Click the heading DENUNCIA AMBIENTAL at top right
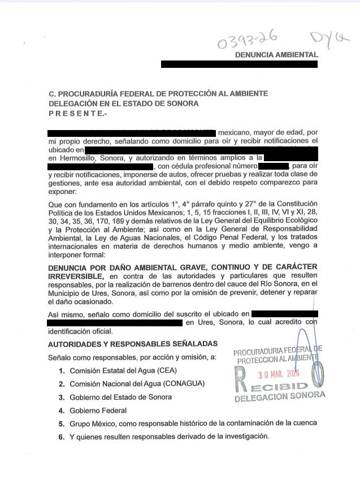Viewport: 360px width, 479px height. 276,55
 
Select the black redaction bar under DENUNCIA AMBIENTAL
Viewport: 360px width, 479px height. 239,64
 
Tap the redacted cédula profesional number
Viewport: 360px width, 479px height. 274,167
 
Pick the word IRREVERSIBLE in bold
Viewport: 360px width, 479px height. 76,275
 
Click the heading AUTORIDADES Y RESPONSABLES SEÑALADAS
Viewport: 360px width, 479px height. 132,344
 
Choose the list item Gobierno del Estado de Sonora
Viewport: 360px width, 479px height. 120,397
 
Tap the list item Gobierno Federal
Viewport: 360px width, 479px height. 98,411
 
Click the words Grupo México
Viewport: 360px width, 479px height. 93,423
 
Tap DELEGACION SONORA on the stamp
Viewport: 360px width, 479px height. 280,396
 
